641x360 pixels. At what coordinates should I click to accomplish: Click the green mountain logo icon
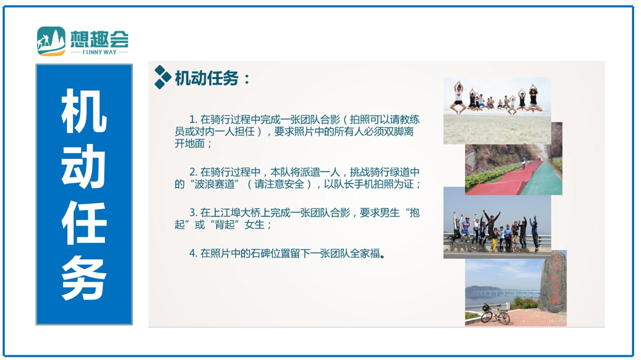click(51, 41)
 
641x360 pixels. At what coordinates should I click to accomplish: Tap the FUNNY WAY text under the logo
click(99, 52)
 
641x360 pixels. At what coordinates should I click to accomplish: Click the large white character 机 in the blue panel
click(84, 111)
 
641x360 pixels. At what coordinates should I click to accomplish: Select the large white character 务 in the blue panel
click(84, 277)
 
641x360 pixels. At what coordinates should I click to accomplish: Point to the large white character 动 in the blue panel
click(84, 166)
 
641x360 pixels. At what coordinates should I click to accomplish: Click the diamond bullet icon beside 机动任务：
click(163, 77)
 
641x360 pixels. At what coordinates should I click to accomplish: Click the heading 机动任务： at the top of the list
click(212, 78)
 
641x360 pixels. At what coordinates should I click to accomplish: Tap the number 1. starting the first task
click(193, 119)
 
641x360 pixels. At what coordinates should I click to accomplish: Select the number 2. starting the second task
click(193, 172)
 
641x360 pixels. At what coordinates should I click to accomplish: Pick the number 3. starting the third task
click(193, 213)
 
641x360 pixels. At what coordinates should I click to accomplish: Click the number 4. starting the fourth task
click(193, 254)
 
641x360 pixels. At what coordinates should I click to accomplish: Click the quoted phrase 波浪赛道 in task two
click(215, 184)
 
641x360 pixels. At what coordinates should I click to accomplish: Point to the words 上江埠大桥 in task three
click(236, 213)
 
